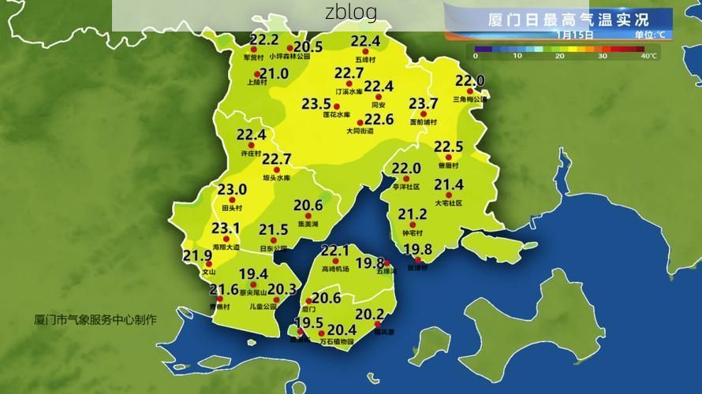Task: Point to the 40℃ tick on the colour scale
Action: [x=648, y=56]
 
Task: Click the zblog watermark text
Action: [x=350, y=13]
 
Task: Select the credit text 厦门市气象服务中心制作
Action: [x=95, y=320]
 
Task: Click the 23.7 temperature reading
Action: [x=423, y=104]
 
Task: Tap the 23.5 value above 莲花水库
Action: [x=316, y=104]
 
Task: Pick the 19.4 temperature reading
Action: [x=253, y=274]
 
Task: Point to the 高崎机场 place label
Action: [x=334, y=269]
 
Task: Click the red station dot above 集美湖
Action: [x=308, y=216]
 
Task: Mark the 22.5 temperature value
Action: [x=448, y=147]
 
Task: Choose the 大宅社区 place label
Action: [x=448, y=203]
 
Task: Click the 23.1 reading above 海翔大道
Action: [x=225, y=229]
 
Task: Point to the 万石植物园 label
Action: [x=336, y=343]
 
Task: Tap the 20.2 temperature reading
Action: [x=369, y=314]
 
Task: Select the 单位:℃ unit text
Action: [x=649, y=35]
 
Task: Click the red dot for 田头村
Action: [x=233, y=201]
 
